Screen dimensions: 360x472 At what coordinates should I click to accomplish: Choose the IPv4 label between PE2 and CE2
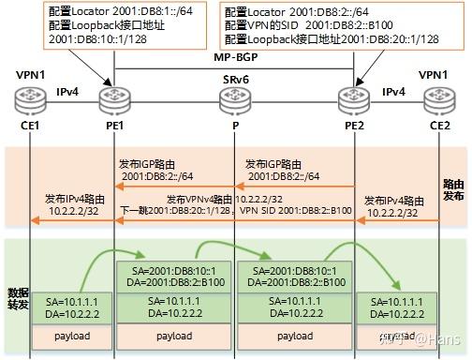pos(394,91)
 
